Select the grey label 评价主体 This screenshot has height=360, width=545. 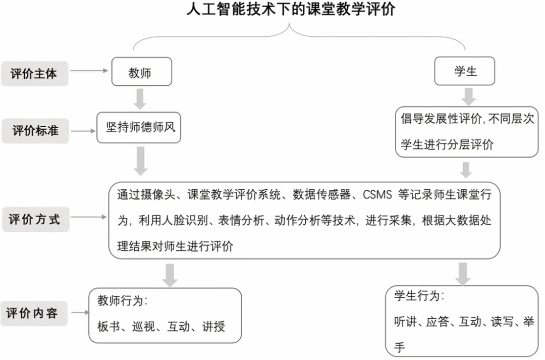click(34, 73)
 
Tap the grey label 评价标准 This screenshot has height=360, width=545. click(35, 131)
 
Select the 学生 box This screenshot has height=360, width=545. click(465, 71)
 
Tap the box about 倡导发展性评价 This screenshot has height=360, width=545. click(467, 132)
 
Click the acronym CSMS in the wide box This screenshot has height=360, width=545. click(378, 194)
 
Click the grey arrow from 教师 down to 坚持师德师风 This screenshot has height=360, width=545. click(140, 98)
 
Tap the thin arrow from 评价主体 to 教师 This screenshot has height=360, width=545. click(89, 71)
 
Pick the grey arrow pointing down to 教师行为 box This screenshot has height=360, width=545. click(171, 274)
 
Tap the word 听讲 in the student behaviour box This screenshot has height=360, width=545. click(405, 322)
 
